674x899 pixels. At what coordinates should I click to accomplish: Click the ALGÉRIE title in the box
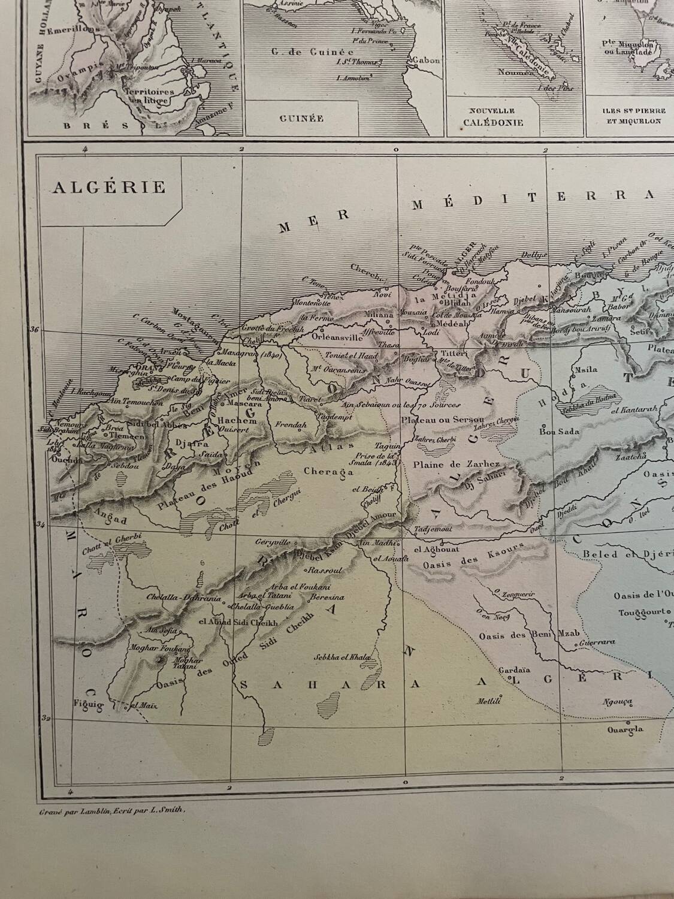coord(109,187)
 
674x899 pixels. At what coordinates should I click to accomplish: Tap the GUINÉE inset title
coord(301,118)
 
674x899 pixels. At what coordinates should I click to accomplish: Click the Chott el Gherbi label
coord(108,538)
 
